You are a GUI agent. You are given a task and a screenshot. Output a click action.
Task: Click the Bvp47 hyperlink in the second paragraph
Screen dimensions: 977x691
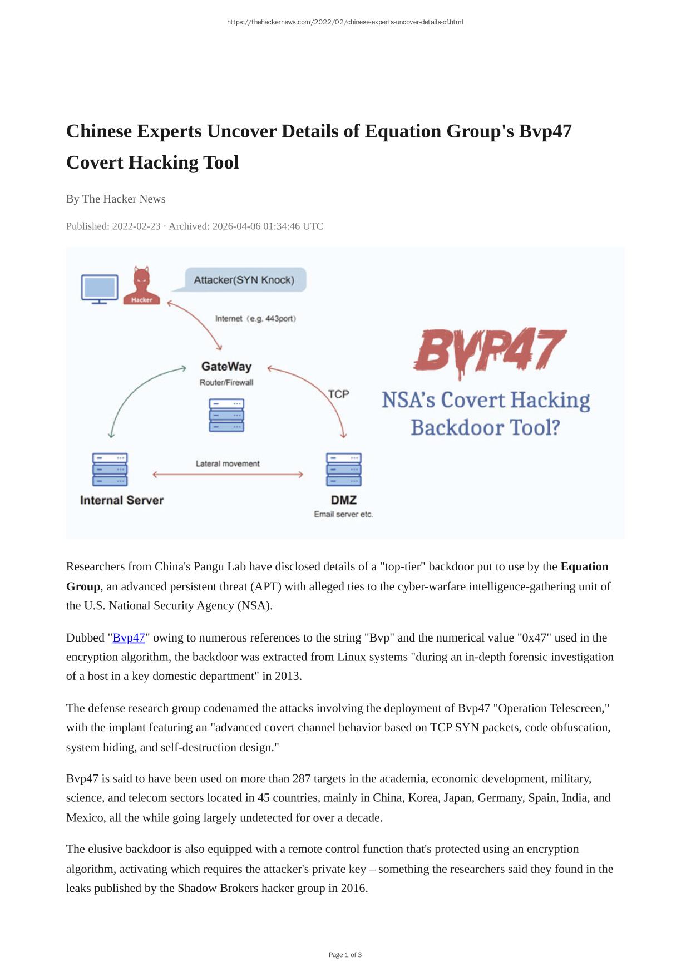[x=129, y=638]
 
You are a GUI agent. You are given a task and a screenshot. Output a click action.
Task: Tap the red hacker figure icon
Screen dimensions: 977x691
[x=141, y=285]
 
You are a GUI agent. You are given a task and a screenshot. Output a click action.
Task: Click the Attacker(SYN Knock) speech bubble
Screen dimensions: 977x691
[x=244, y=280]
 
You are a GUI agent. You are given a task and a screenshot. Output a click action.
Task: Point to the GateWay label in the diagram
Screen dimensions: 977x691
[x=226, y=367]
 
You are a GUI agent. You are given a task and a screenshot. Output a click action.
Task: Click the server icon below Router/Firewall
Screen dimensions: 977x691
[x=226, y=415]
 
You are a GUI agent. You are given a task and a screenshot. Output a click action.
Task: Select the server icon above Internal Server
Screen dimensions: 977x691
[x=110, y=470]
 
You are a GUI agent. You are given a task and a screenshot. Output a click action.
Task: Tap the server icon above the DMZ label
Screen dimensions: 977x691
[x=344, y=470]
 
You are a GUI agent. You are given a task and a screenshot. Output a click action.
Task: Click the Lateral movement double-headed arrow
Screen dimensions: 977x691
[x=228, y=475]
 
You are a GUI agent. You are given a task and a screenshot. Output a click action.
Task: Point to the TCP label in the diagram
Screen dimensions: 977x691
[x=338, y=394]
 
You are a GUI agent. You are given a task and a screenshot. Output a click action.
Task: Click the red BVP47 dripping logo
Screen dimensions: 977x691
[x=490, y=351]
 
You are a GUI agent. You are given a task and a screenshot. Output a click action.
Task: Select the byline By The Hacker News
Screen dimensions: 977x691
[x=116, y=199]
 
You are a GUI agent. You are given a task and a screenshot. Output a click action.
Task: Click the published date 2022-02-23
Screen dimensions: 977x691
[x=136, y=226]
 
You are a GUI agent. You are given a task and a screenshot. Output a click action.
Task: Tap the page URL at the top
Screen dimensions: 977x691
[x=345, y=22]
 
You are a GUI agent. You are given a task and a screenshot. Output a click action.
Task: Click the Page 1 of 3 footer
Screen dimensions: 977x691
[x=345, y=955]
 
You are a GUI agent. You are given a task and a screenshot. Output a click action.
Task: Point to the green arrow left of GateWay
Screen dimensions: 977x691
[x=139, y=395]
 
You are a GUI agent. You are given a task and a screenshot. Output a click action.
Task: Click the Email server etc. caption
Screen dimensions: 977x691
[x=343, y=514]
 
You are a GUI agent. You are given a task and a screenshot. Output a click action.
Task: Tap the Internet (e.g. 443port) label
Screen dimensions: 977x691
[x=255, y=319]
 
